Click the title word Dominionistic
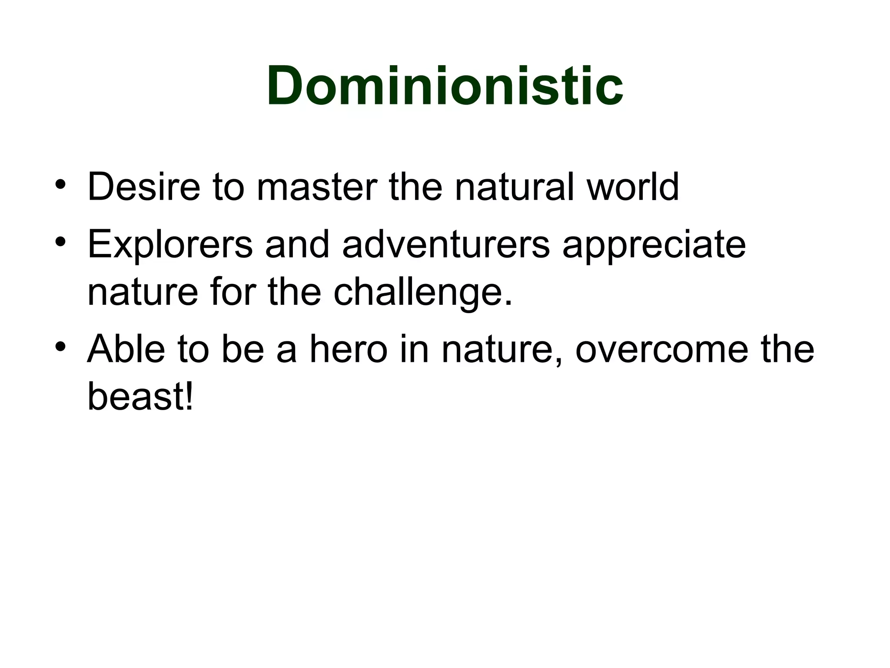pyautogui.click(x=445, y=85)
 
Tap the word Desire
pyautogui.click(x=144, y=187)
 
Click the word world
pyautogui.click(x=632, y=187)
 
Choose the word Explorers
pyautogui.click(x=170, y=244)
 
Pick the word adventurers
pyautogui.click(x=446, y=244)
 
